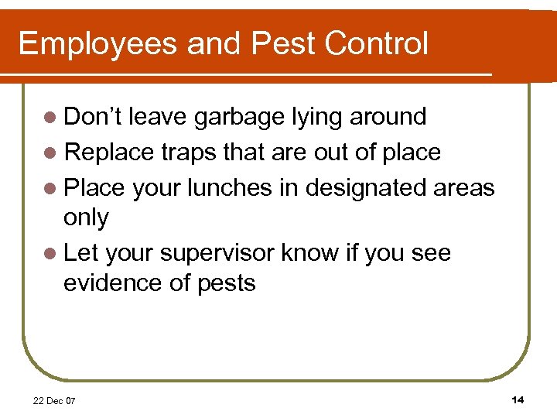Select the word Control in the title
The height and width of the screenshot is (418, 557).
[x=377, y=43]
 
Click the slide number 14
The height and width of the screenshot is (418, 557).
[x=518, y=399]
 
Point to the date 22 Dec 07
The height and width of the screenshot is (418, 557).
[x=54, y=401]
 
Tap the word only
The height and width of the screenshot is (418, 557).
[x=86, y=218]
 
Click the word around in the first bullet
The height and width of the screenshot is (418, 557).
[x=388, y=118]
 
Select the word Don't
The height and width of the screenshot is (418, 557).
[x=93, y=118]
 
